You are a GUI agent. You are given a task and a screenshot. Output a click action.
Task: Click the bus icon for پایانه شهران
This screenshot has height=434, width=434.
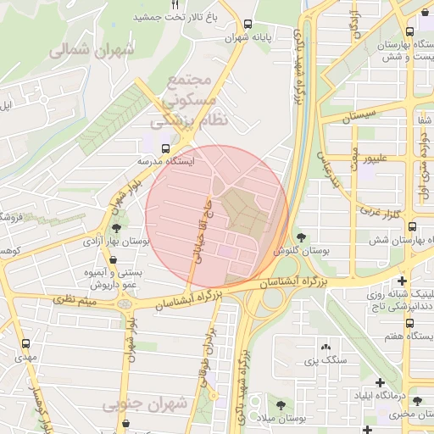(x=247, y=25)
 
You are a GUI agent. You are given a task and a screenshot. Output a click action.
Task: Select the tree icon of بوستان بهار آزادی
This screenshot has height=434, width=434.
(x=115, y=227)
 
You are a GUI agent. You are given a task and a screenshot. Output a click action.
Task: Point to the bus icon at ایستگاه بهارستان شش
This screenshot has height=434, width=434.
(x=411, y=226)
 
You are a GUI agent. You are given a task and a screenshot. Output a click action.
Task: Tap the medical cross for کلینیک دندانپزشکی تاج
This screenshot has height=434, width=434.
(x=402, y=281)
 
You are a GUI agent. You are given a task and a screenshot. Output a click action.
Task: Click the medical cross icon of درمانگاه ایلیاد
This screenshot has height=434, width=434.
(x=380, y=383)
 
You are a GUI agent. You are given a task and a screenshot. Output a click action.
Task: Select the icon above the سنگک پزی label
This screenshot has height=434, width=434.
(x=325, y=347)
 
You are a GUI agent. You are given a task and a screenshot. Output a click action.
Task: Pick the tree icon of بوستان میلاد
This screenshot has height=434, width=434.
(x=279, y=404)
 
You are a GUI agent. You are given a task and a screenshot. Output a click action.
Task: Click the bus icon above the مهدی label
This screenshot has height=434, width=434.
(x=25, y=344)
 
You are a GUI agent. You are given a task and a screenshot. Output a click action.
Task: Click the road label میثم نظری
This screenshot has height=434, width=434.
(x=77, y=298)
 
